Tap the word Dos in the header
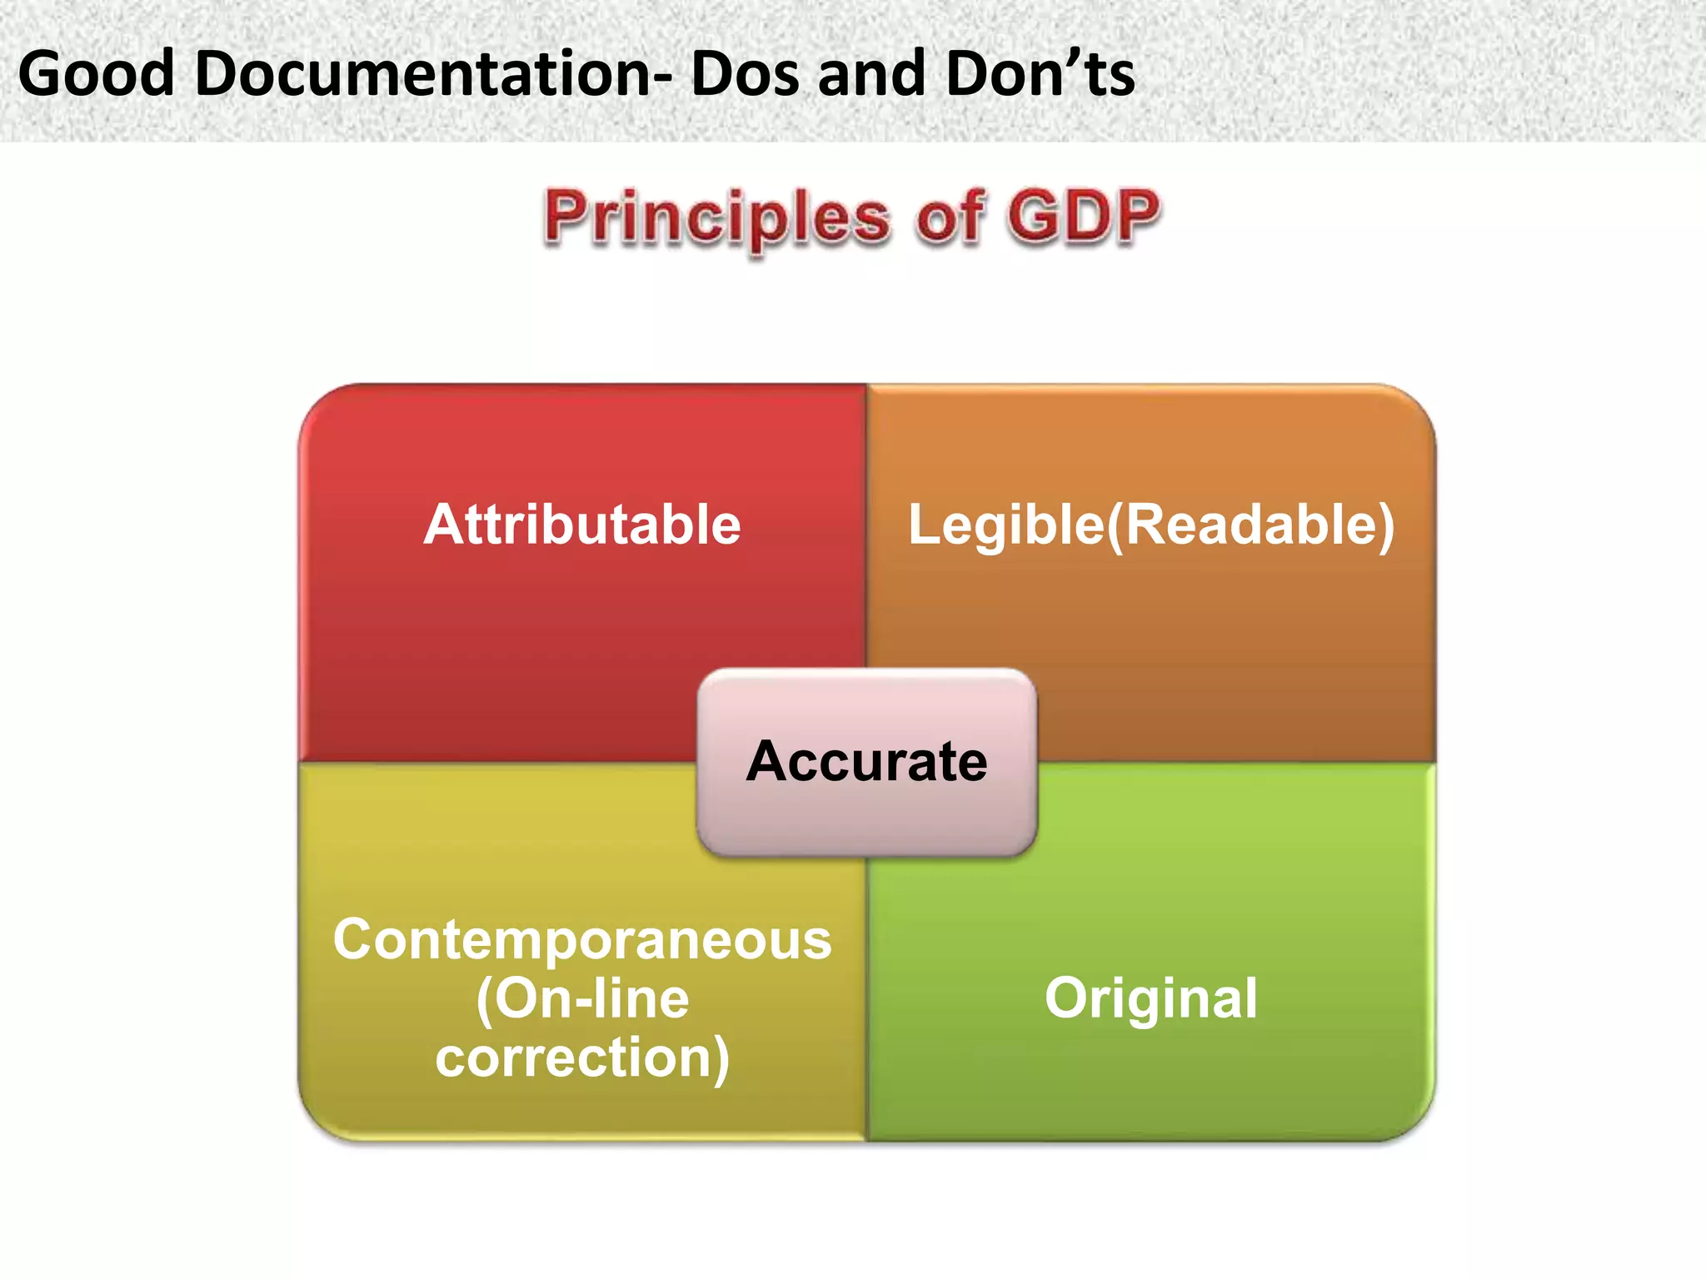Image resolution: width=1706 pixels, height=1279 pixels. point(747,73)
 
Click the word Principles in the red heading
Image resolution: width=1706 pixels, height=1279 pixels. point(716,218)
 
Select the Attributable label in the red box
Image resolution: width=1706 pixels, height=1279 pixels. point(582,525)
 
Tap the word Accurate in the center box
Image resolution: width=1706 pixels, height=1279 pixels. point(866,761)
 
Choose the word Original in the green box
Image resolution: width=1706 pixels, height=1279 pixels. point(1151,998)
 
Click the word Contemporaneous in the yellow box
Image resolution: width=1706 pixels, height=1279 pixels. point(582,940)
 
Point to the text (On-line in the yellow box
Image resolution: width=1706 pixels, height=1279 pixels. point(582,998)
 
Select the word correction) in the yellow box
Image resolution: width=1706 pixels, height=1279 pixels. point(582,1058)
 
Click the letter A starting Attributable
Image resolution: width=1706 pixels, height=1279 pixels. point(446,525)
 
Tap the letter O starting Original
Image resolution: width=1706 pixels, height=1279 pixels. point(1068,998)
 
